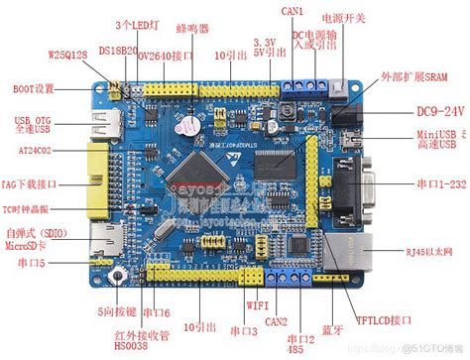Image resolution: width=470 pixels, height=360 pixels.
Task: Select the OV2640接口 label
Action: tap(166, 56)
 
